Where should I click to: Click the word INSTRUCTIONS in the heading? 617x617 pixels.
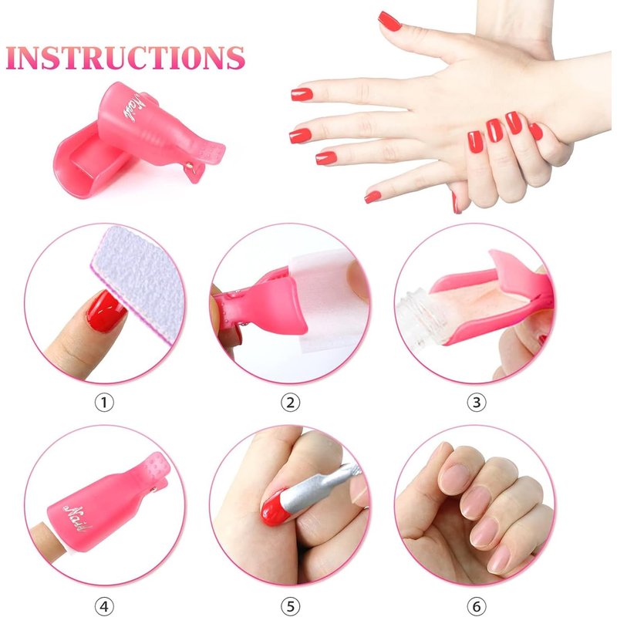pos(126,58)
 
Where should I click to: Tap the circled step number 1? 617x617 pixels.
pos(104,403)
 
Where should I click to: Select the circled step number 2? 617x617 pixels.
pos(291,403)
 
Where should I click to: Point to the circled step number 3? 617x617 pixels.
pos(477,403)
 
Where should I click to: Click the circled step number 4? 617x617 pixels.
pos(104,606)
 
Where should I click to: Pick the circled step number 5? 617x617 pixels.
pos(291,606)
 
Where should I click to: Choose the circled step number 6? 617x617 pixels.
pos(477,606)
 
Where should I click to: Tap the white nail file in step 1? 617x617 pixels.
pos(140,282)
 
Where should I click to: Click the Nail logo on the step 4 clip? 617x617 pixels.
pos(79,518)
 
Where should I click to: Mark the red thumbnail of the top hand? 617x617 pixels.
pos(389,21)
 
